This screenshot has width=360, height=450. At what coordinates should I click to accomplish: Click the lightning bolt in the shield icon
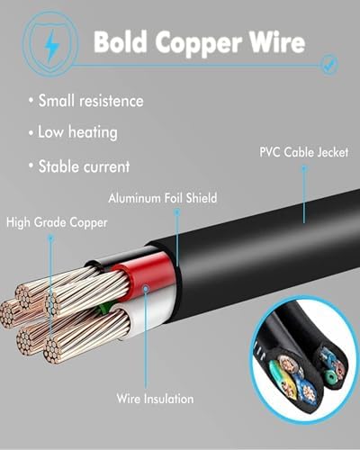(51, 46)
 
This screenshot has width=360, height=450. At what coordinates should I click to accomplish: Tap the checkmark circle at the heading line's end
(329, 64)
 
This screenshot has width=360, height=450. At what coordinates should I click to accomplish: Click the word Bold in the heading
(120, 41)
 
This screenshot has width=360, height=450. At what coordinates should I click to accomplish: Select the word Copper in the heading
(199, 44)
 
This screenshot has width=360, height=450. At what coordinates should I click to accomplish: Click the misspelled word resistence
(112, 101)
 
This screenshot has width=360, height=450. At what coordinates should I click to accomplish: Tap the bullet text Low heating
(77, 132)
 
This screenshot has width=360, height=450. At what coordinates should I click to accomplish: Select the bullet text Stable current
(84, 166)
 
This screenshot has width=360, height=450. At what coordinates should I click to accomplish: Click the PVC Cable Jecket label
(303, 152)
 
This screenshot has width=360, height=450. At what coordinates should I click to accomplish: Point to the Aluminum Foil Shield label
(163, 198)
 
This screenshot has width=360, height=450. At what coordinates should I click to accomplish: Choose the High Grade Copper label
(57, 222)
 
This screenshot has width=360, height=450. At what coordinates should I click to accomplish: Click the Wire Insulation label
(155, 399)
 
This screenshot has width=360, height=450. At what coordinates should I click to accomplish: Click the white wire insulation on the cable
(150, 312)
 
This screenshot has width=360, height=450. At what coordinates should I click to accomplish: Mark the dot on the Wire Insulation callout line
(146, 289)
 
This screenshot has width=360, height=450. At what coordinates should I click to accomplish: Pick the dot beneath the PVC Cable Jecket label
(304, 168)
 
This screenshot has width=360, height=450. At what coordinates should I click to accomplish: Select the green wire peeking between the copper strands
(104, 308)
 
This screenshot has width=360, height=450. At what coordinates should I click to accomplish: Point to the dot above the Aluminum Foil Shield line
(177, 212)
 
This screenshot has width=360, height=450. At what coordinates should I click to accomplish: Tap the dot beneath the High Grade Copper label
(51, 238)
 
